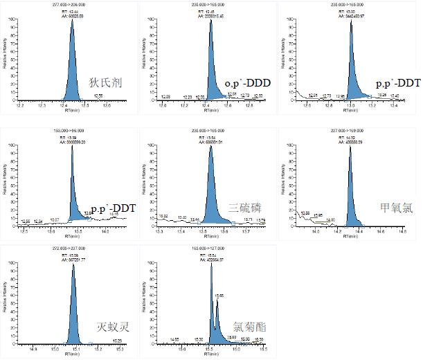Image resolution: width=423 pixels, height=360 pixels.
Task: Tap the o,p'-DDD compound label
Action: (247, 84)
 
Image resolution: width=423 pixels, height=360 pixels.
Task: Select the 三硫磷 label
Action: (246, 207)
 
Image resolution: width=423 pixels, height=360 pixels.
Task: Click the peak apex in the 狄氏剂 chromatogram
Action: (72, 19)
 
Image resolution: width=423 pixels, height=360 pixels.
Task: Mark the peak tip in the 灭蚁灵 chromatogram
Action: (73, 264)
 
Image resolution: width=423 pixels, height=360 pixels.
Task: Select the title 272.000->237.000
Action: (72, 248)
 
